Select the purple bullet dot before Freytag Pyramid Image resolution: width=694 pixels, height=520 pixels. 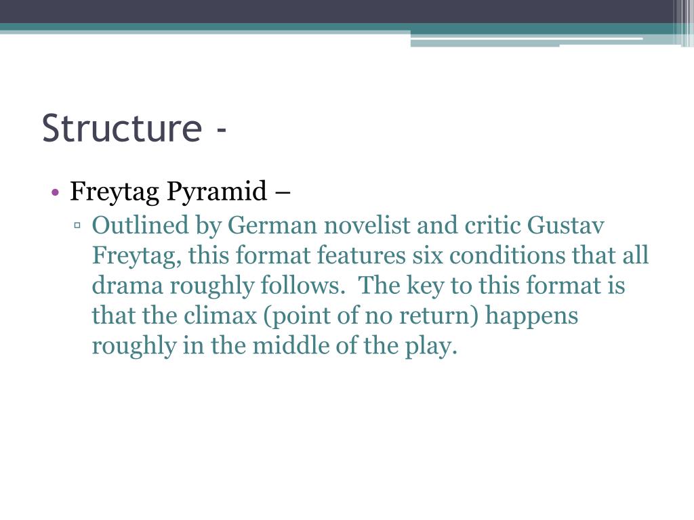click(56, 193)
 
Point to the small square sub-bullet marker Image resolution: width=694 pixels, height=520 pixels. click(78, 225)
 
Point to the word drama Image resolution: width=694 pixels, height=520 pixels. click(126, 286)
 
